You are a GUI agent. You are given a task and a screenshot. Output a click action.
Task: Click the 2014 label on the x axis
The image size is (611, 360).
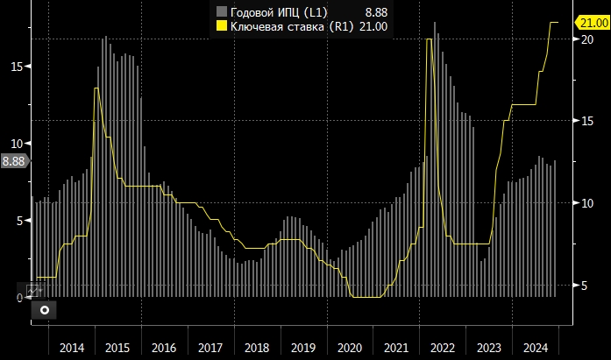pos(72,348)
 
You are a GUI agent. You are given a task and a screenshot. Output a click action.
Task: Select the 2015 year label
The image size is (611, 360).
pos(117,348)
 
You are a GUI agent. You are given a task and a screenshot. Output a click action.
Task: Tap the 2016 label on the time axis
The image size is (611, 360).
pos(164,348)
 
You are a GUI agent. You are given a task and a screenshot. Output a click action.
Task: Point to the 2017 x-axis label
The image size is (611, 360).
pos(210,348)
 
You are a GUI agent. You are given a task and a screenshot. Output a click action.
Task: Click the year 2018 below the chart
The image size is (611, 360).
pos(256,348)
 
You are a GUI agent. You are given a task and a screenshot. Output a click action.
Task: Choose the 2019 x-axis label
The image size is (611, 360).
pos(302,348)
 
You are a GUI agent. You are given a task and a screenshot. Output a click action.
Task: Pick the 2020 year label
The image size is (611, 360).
pos(349,348)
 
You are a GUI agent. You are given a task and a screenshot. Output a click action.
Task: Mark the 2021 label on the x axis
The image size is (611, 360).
pos(395,348)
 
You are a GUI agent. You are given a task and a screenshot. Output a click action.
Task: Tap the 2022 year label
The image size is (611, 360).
pos(442,348)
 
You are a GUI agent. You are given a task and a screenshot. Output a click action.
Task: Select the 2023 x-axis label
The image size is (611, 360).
pos(487,348)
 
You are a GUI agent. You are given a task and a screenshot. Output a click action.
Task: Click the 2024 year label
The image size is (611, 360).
pos(534,348)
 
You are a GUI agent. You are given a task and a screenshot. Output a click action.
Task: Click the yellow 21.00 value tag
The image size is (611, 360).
pos(590,22)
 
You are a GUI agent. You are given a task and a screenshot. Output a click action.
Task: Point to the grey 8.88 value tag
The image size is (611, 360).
pos(14,160)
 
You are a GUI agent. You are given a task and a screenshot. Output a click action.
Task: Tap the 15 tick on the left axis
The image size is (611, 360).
pos(17,66)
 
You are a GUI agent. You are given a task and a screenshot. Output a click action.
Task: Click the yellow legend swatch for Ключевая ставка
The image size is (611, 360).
pos(222,26)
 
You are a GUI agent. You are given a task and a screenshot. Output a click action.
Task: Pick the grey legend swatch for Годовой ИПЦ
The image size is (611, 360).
pos(222,11)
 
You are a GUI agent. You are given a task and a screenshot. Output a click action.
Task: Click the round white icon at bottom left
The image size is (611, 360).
pos(45,309)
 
